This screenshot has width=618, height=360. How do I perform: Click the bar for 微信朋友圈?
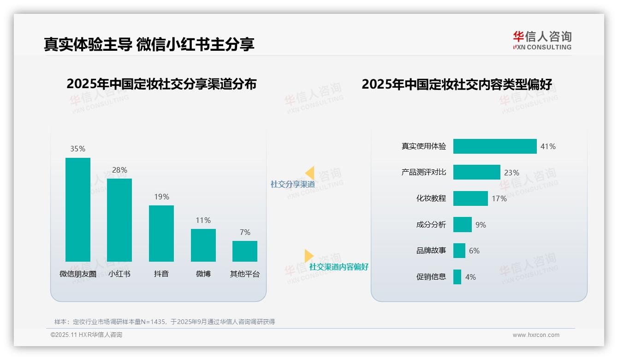(78, 210)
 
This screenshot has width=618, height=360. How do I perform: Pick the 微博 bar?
(203, 245)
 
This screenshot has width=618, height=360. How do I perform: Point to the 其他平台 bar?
(245, 251)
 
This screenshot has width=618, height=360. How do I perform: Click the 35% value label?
(78, 149)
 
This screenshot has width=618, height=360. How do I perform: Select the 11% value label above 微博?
(203, 220)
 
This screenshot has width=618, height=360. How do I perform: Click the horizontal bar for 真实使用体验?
(495, 146)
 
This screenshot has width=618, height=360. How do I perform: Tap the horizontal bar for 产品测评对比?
(476, 172)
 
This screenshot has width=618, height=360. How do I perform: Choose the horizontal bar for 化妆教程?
(470, 198)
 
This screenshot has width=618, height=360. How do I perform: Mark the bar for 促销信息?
(457, 277)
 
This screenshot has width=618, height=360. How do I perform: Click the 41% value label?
(548, 146)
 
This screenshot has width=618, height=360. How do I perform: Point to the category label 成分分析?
(431, 225)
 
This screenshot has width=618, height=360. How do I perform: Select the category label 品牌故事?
(431, 251)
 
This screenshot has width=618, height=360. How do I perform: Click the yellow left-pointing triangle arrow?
(310, 173)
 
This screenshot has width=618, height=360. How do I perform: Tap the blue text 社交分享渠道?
(292, 184)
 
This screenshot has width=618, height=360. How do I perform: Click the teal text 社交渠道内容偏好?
(339, 267)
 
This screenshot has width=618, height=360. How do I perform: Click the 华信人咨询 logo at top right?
(542, 40)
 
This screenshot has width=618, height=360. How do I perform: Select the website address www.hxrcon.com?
(535, 335)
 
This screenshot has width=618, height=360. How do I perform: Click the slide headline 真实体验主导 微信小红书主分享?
(149, 44)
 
